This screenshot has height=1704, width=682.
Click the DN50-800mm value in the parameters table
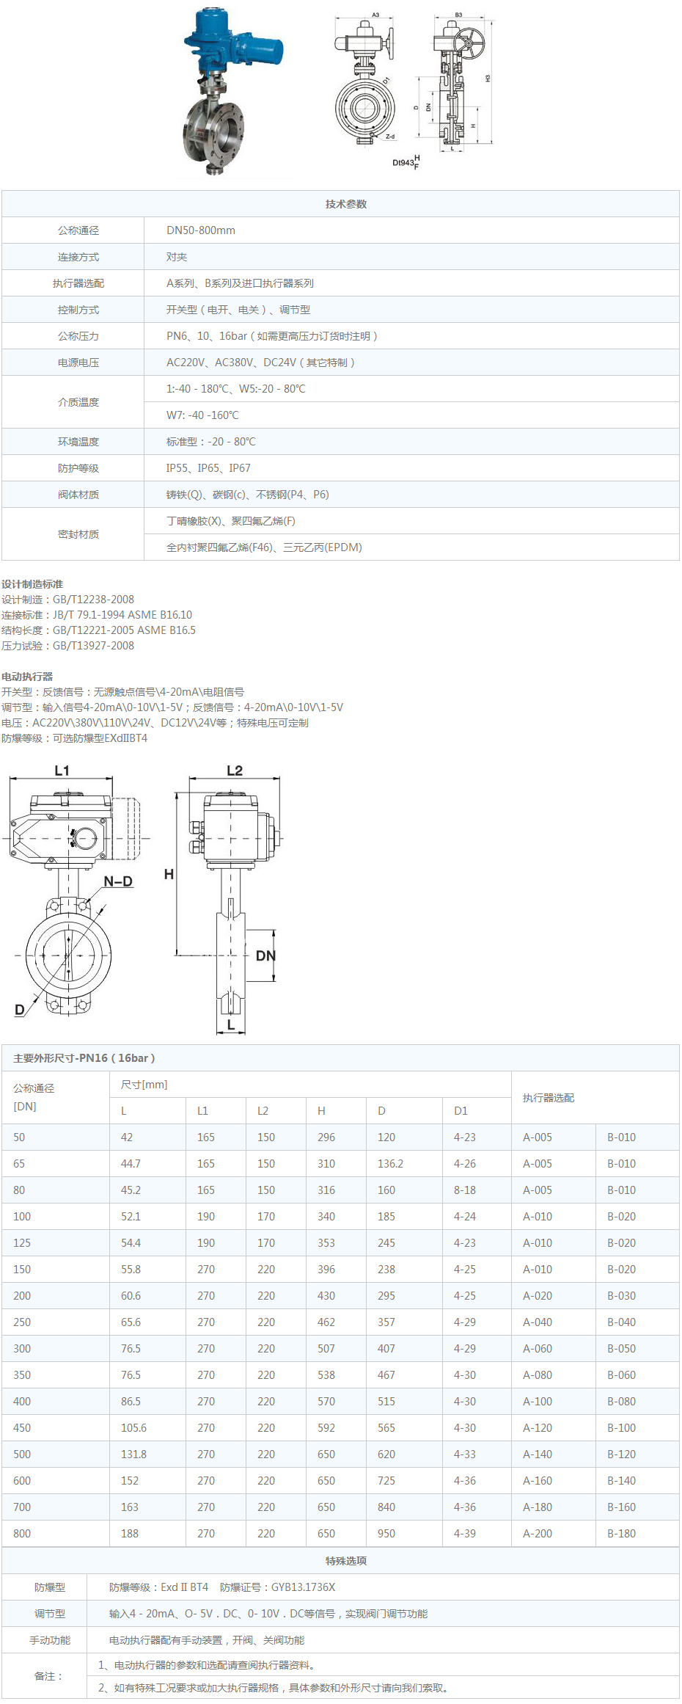(201, 230)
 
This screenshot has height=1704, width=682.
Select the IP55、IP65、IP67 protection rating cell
(208, 468)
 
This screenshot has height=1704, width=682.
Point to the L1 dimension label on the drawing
(62, 771)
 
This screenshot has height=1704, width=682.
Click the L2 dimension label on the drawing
(235, 771)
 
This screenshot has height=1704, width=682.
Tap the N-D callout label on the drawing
(118, 881)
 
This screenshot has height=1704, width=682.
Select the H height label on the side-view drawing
(169, 874)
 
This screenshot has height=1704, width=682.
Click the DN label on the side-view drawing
(265, 955)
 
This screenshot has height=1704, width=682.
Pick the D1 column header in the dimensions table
(461, 1111)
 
